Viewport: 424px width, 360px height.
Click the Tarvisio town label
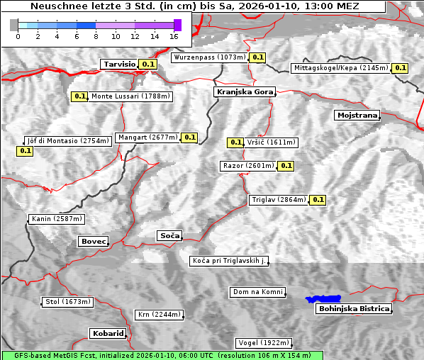(x=119, y=64)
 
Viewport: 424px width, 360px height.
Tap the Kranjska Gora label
(x=243, y=92)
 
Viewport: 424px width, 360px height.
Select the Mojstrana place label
(x=357, y=115)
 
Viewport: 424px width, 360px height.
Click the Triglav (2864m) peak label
(x=279, y=200)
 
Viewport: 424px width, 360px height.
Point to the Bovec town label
(x=93, y=242)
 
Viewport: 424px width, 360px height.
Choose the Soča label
(x=169, y=235)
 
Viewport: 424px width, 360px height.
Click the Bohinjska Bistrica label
(x=354, y=308)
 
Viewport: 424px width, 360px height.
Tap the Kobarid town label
(x=108, y=333)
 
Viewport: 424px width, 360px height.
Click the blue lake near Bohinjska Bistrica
(x=323, y=299)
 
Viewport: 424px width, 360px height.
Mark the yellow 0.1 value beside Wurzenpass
(x=257, y=57)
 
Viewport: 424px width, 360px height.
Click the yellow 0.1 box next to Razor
(x=286, y=166)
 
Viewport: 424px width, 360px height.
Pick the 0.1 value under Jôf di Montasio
(x=25, y=151)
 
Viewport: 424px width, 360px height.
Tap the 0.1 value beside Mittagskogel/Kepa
(x=400, y=68)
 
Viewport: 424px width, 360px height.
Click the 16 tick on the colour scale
(x=174, y=35)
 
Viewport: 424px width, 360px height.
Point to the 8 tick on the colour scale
(x=96, y=35)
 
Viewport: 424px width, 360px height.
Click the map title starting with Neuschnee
(x=194, y=6)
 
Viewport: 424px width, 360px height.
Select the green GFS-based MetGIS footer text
(x=162, y=355)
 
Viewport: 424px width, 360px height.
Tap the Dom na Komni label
(x=257, y=292)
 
